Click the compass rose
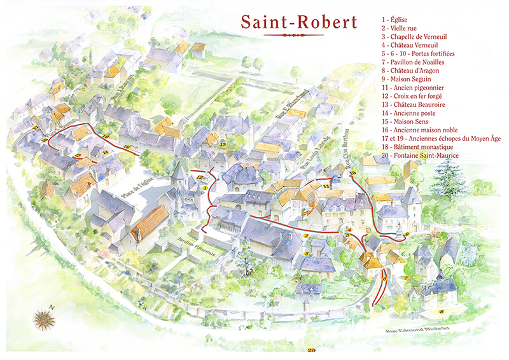(44, 317)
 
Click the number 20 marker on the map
(311, 350)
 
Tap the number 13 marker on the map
(223, 144)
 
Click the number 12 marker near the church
(199, 177)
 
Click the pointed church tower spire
(179, 169)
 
